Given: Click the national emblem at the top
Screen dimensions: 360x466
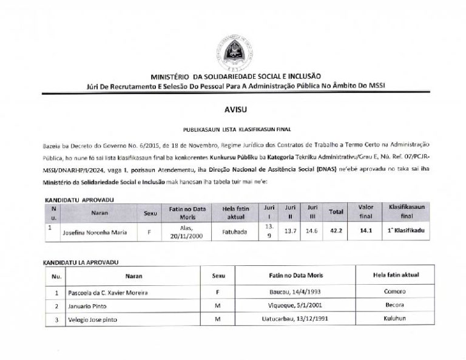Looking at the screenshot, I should [233, 53].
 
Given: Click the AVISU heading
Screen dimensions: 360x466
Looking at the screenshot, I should [232, 109].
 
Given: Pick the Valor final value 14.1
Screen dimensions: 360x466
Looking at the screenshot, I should [366, 231].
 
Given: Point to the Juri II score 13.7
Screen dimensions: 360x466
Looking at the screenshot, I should [291, 231].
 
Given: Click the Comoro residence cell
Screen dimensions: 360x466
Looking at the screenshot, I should [395, 291].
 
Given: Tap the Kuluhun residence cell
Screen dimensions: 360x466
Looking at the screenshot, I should [395, 318].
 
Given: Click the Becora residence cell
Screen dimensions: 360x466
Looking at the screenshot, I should [395, 305].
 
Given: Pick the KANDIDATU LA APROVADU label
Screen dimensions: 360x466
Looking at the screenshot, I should [79, 262].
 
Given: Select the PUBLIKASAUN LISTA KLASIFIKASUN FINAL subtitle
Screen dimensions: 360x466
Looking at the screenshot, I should [237, 129].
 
